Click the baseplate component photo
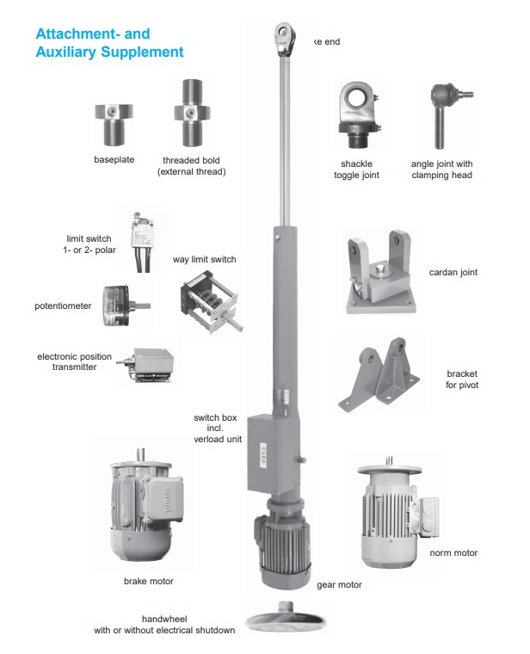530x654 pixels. [114, 123]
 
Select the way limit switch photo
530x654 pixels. [207, 302]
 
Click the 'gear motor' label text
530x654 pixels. [339, 585]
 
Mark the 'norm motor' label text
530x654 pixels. [453, 552]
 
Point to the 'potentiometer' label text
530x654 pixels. [63, 305]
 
